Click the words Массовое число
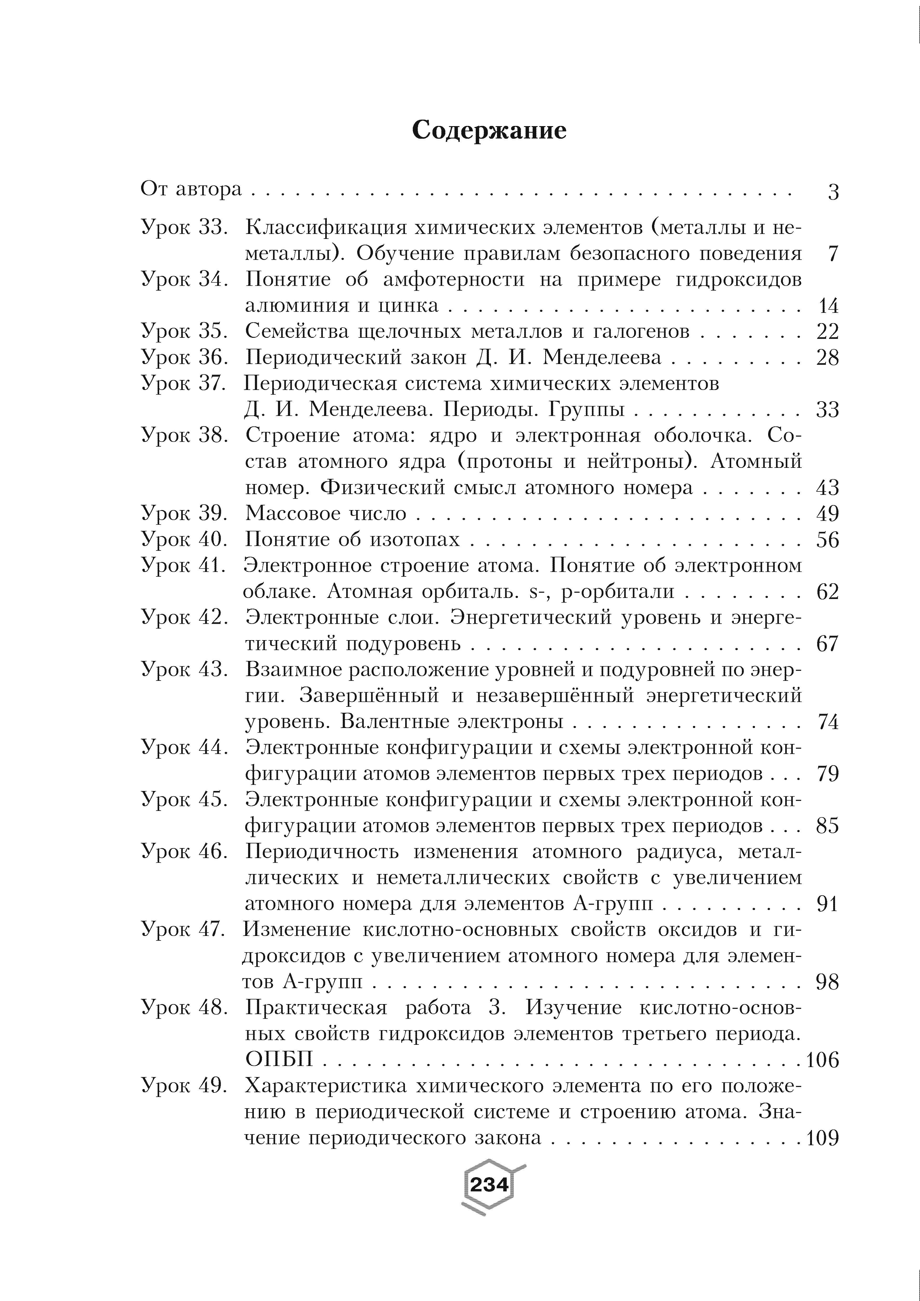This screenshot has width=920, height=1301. click(x=326, y=513)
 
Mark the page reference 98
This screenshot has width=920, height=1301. click(x=827, y=982)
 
